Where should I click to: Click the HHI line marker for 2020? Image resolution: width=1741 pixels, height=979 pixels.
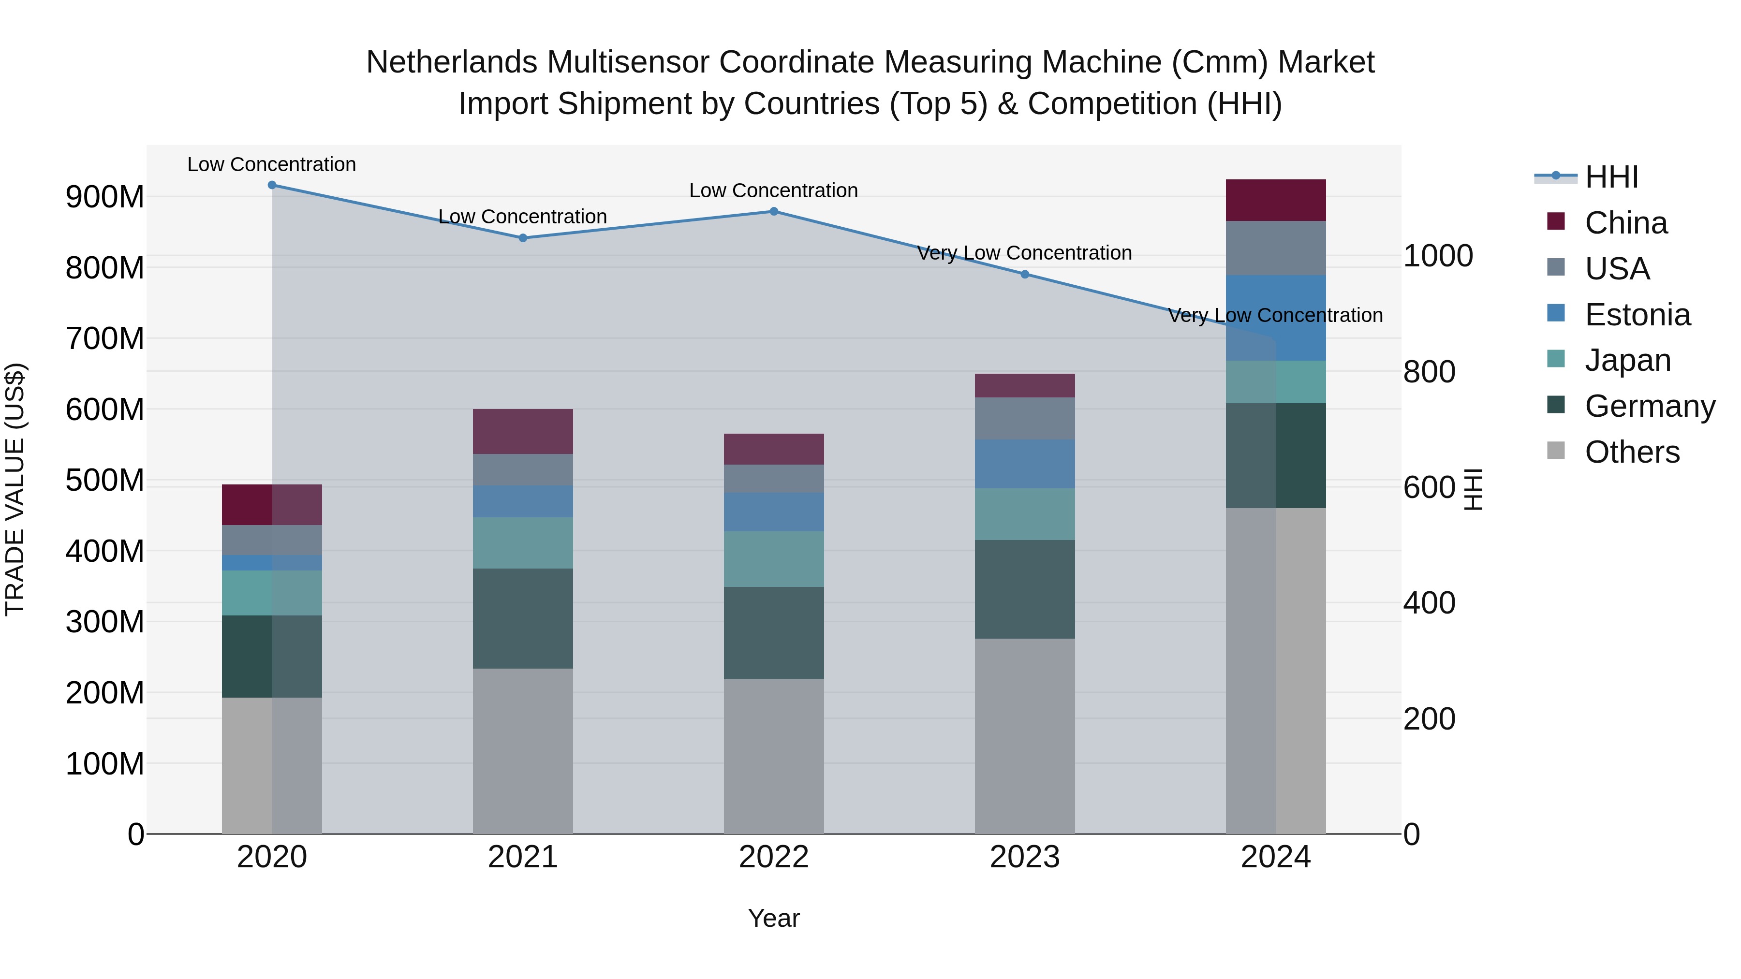[272, 185]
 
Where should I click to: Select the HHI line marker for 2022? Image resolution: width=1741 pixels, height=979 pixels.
[774, 211]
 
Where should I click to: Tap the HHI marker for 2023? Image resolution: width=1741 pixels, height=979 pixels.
[1025, 274]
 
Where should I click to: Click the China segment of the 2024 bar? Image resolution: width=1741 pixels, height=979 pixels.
[1275, 200]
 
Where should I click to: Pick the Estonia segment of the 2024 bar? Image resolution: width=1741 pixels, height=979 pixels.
[1275, 318]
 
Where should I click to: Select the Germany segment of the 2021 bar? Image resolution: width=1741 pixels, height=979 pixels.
[522, 618]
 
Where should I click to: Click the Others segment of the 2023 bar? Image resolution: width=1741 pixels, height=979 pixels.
[1025, 736]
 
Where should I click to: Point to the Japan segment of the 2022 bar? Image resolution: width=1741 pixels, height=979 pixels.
[774, 559]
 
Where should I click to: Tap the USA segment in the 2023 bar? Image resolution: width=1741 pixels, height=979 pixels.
[1025, 418]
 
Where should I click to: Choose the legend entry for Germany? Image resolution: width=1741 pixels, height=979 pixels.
[1649, 406]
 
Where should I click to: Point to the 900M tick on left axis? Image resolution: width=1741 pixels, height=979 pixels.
[105, 197]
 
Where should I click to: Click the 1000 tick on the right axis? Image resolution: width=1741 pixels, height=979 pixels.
[1438, 256]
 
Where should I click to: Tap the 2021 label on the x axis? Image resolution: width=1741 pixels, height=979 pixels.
[522, 857]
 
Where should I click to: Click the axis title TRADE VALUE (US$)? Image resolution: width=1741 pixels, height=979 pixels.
[15, 489]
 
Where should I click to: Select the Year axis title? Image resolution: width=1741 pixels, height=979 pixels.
[774, 918]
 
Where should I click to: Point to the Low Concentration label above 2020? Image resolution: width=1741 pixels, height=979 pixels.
[272, 165]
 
